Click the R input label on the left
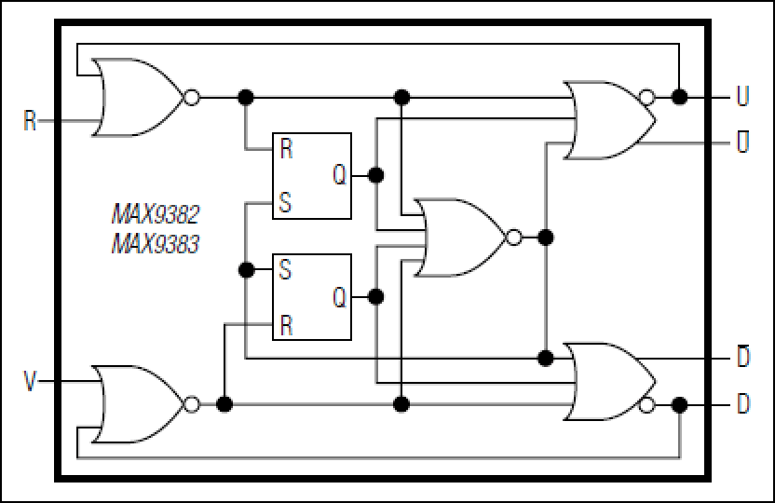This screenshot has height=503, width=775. (x=30, y=120)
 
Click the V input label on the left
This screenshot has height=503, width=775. (x=30, y=382)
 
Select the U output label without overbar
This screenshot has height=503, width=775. (x=743, y=96)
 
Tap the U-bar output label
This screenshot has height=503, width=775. (x=743, y=142)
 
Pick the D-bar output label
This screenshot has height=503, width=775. (x=743, y=356)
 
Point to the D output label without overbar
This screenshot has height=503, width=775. (x=743, y=403)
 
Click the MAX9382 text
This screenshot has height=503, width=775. (x=156, y=214)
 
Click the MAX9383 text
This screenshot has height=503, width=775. (x=156, y=244)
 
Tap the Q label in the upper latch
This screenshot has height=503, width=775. (x=339, y=174)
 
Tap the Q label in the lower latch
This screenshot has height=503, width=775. (x=339, y=297)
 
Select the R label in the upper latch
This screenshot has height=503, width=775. (x=286, y=148)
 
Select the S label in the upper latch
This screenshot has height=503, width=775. (x=285, y=202)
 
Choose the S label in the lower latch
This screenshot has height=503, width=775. (x=285, y=270)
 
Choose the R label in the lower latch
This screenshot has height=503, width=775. (x=286, y=325)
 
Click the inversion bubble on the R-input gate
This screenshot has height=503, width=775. (x=192, y=97)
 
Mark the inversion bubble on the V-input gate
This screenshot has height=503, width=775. (x=192, y=404)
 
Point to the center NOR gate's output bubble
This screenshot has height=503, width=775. (x=514, y=238)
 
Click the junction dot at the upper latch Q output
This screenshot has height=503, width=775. (x=376, y=175)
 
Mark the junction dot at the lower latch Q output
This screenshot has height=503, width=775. (x=376, y=297)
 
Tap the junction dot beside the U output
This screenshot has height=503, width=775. (x=680, y=97)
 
